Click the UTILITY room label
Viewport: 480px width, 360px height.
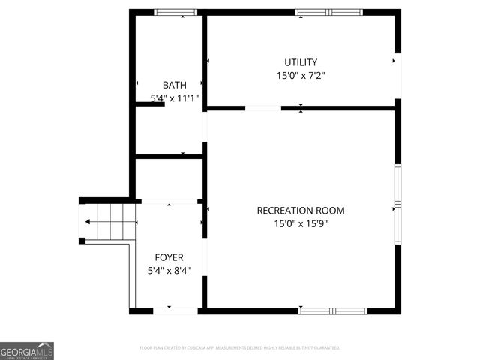[301, 62]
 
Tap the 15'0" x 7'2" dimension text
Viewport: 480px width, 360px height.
[301, 75]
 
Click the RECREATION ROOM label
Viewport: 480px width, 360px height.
[301, 211]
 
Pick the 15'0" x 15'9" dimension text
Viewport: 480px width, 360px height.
[301, 223]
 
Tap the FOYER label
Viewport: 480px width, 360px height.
[169, 257]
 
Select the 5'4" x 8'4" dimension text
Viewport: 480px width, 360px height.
[169, 270]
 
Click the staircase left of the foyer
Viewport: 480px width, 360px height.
[109, 222]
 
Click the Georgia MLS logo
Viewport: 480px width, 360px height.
[27, 351]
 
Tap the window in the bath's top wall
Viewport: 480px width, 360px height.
[175, 12]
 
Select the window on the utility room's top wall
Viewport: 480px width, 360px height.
[328, 12]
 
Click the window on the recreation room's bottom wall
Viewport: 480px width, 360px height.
[333, 310]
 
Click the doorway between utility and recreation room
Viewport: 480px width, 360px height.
[263, 109]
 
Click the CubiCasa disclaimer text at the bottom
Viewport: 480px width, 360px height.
[240, 348]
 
